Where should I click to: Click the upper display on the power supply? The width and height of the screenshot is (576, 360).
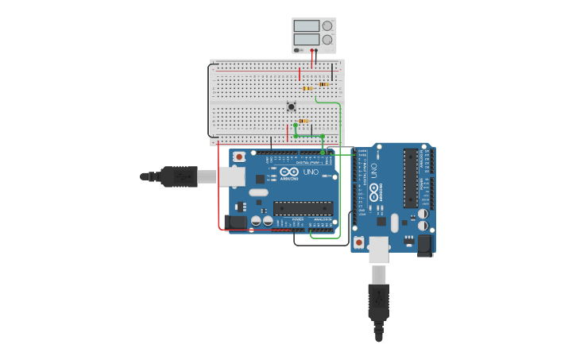click(307, 26)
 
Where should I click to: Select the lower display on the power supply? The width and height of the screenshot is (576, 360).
click(307, 39)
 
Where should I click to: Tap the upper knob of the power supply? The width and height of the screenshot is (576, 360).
click(327, 26)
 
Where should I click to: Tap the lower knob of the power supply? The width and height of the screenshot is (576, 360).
click(327, 39)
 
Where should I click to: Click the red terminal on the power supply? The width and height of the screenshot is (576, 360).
click(311, 50)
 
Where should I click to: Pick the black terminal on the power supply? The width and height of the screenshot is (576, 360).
click(316, 50)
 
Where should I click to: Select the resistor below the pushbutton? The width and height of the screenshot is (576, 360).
click(303, 121)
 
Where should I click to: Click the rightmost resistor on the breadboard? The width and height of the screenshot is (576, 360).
click(323, 84)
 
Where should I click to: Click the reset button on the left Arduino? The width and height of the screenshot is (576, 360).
click(239, 157)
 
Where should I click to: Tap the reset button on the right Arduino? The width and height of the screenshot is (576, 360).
click(359, 242)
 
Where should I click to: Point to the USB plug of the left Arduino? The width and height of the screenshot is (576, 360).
click(179, 176)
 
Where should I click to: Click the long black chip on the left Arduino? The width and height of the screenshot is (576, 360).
click(303, 208)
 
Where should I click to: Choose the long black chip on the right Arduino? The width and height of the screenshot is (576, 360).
click(411, 178)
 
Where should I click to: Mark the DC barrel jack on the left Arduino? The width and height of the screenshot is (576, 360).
click(236, 223)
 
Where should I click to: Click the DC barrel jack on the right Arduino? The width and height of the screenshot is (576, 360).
click(425, 245)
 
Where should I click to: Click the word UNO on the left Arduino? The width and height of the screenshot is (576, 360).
click(310, 172)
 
